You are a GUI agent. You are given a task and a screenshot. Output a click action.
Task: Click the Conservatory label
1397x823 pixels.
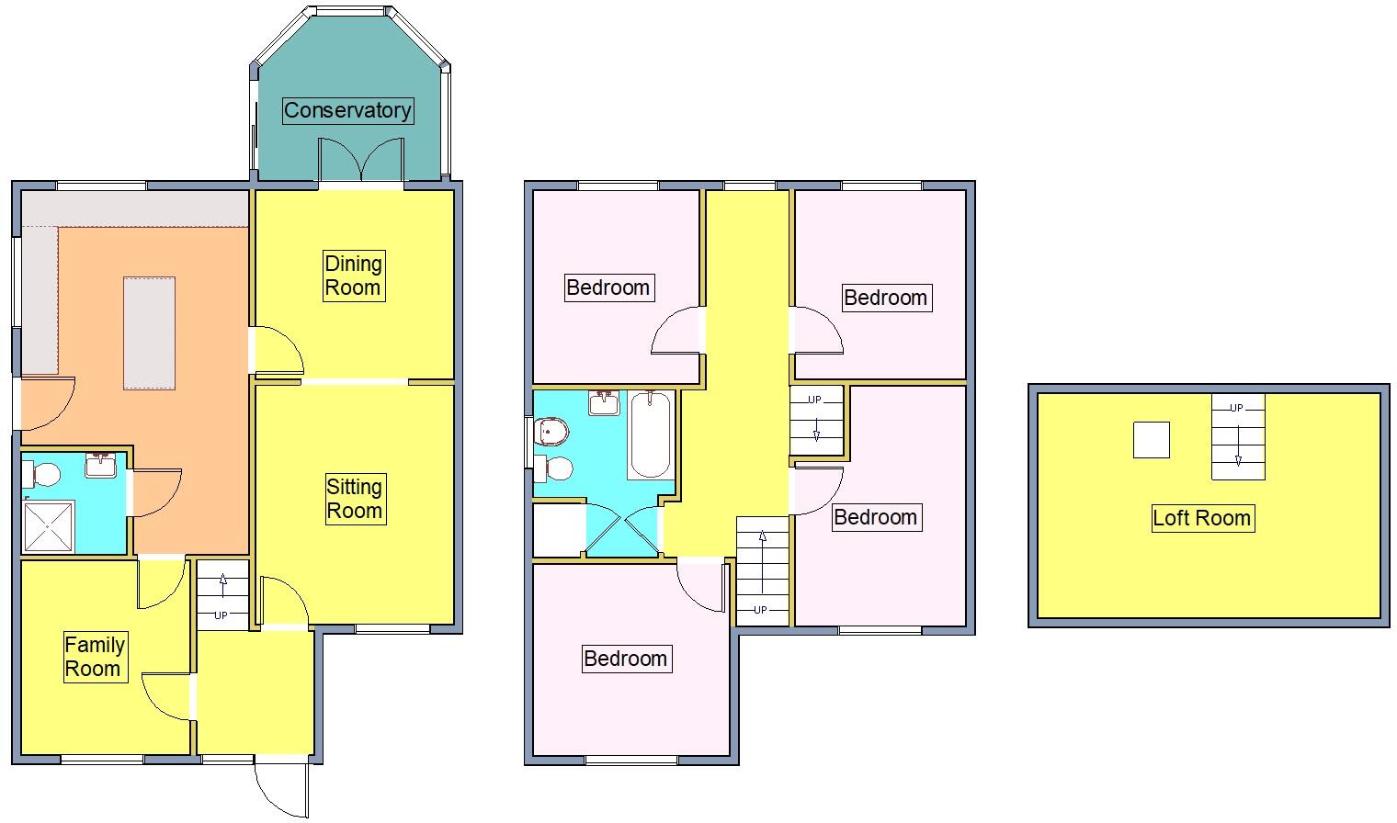click(347, 110)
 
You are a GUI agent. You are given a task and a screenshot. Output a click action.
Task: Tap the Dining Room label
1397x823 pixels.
click(353, 276)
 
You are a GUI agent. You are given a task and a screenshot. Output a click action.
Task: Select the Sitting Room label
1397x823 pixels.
click(354, 499)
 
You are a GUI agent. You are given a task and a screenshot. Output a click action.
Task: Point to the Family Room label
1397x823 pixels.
click(94, 657)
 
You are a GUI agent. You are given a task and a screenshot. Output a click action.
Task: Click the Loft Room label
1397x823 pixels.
click(1201, 518)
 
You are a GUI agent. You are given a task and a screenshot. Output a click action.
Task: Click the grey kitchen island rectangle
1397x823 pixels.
click(149, 333)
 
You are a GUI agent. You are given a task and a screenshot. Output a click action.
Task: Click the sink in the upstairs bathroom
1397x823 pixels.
click(606, 403)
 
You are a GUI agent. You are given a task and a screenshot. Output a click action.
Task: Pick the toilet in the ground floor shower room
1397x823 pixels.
click(41, 474)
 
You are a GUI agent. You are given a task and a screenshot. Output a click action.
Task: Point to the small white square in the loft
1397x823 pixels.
click(1151, 440)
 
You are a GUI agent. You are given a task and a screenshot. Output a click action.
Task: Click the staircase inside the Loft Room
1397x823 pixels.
click(1237, 437)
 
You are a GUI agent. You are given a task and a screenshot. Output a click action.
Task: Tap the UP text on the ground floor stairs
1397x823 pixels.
click(221, 615)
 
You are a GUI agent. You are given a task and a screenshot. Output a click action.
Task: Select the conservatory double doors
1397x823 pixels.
click(361, 161)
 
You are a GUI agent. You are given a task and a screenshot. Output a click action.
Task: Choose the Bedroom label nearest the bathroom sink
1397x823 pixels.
click(608, 287)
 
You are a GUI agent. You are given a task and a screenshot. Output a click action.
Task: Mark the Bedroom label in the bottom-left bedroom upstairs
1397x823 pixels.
click(625, 659)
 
